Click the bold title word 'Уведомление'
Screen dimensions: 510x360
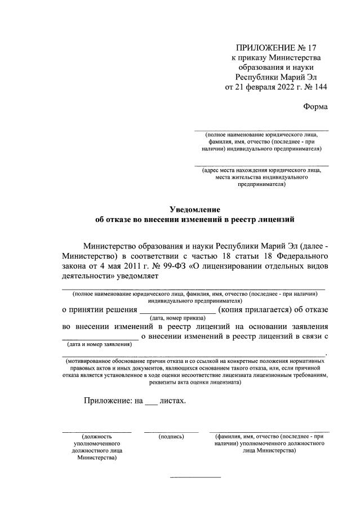click(194, 210)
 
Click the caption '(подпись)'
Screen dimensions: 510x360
click(172, 436)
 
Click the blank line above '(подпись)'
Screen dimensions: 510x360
click(171, 431)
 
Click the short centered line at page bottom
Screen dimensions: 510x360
click(195, 478)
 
